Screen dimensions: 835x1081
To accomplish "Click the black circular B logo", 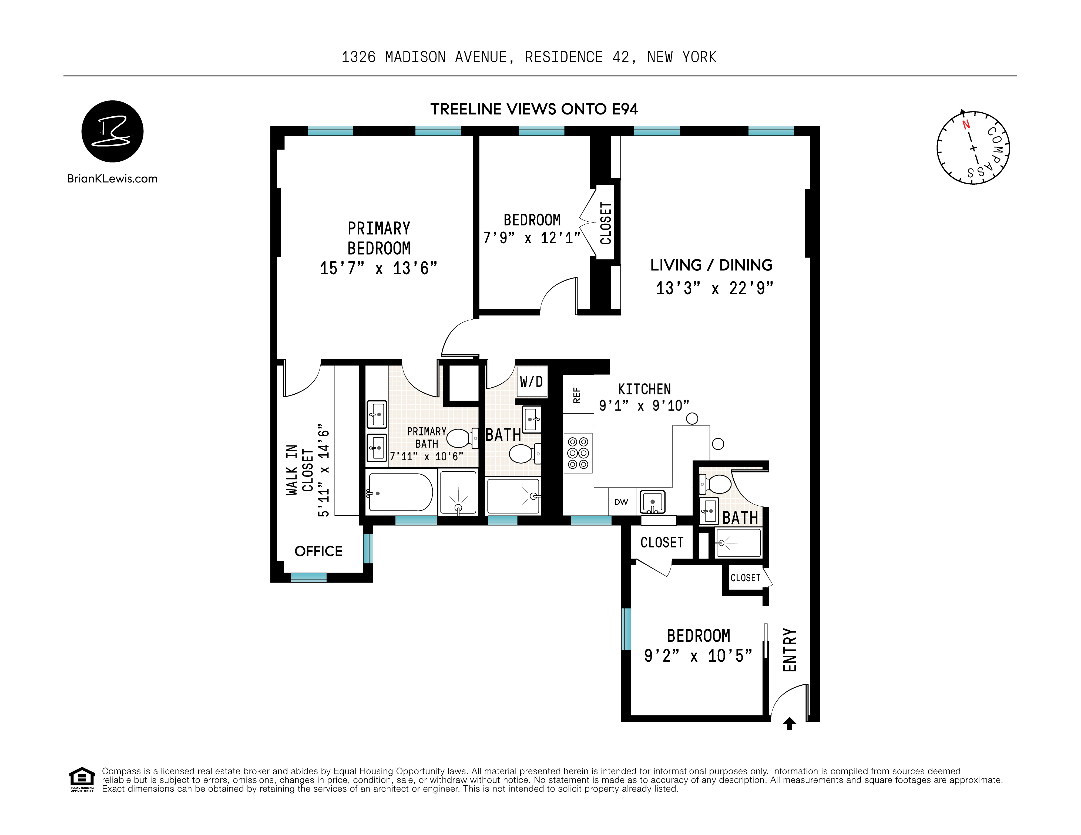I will click(112, 131).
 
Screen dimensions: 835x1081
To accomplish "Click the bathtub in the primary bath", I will click(400, 493).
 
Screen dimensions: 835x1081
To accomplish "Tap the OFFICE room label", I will click(318, 551).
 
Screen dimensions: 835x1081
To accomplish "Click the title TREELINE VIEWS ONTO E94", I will click(534, 109).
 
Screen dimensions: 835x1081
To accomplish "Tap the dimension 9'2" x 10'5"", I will click(698, 656).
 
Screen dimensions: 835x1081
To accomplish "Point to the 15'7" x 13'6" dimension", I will click(379, 268).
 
